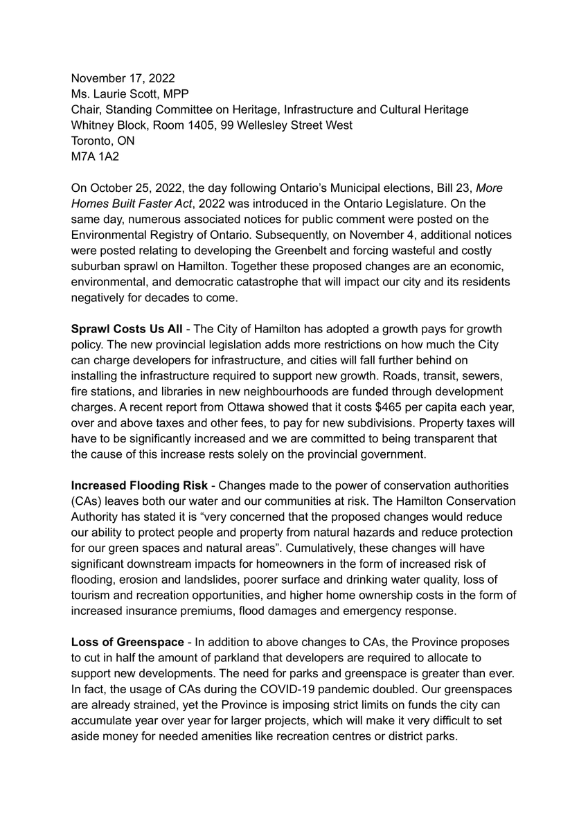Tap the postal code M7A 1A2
pos(95,157)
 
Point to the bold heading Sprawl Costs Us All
pos(127,328)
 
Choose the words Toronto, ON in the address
pos(103,141)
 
